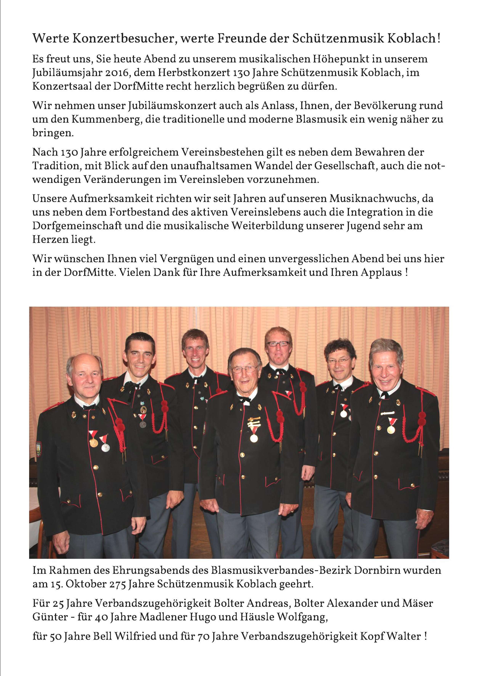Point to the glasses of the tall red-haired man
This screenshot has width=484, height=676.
[x=277, y=343]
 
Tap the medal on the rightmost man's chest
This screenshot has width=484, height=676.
[x=391, y=429]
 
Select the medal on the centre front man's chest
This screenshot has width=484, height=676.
[x=254, y=438]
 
